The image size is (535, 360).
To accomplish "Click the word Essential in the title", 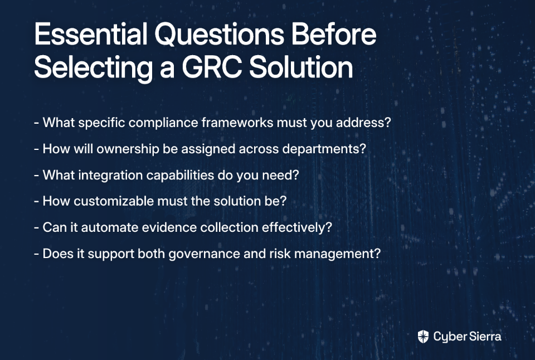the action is [x=91, y=34].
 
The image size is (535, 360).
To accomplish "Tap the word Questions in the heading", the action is [x=220, y=35].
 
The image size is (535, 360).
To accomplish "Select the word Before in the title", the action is [x=334, y=34].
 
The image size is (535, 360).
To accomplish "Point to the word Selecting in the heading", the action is [x=93, y=68].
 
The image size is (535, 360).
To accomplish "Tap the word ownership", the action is [x=128, y=149].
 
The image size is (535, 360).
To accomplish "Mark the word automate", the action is [x=110, y=227].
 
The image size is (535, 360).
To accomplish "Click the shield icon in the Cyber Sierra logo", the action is [x=423, y=337].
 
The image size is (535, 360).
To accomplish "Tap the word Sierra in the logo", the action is [x=485, y=337].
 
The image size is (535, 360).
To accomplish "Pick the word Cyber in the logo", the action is [x=450, y=337].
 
